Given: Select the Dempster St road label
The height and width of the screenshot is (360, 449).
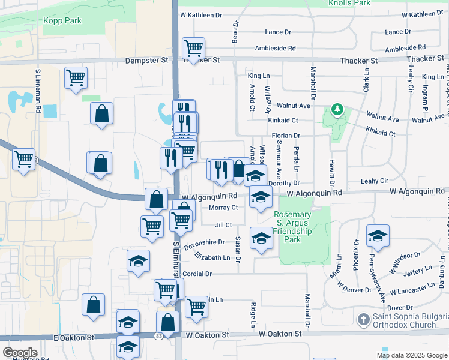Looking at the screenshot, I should coord(147,61).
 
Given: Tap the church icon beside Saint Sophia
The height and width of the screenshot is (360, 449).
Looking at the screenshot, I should coord(363,320).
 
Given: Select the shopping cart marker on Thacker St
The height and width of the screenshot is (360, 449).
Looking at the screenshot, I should coord(193,47).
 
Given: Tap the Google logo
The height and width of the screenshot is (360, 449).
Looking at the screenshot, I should coord(20,353).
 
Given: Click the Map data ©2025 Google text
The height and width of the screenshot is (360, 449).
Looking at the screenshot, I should coord(411,355).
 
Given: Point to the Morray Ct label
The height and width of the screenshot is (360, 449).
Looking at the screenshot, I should coord(223,208).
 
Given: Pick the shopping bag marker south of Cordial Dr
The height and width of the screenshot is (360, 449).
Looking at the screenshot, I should coord(94,305).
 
